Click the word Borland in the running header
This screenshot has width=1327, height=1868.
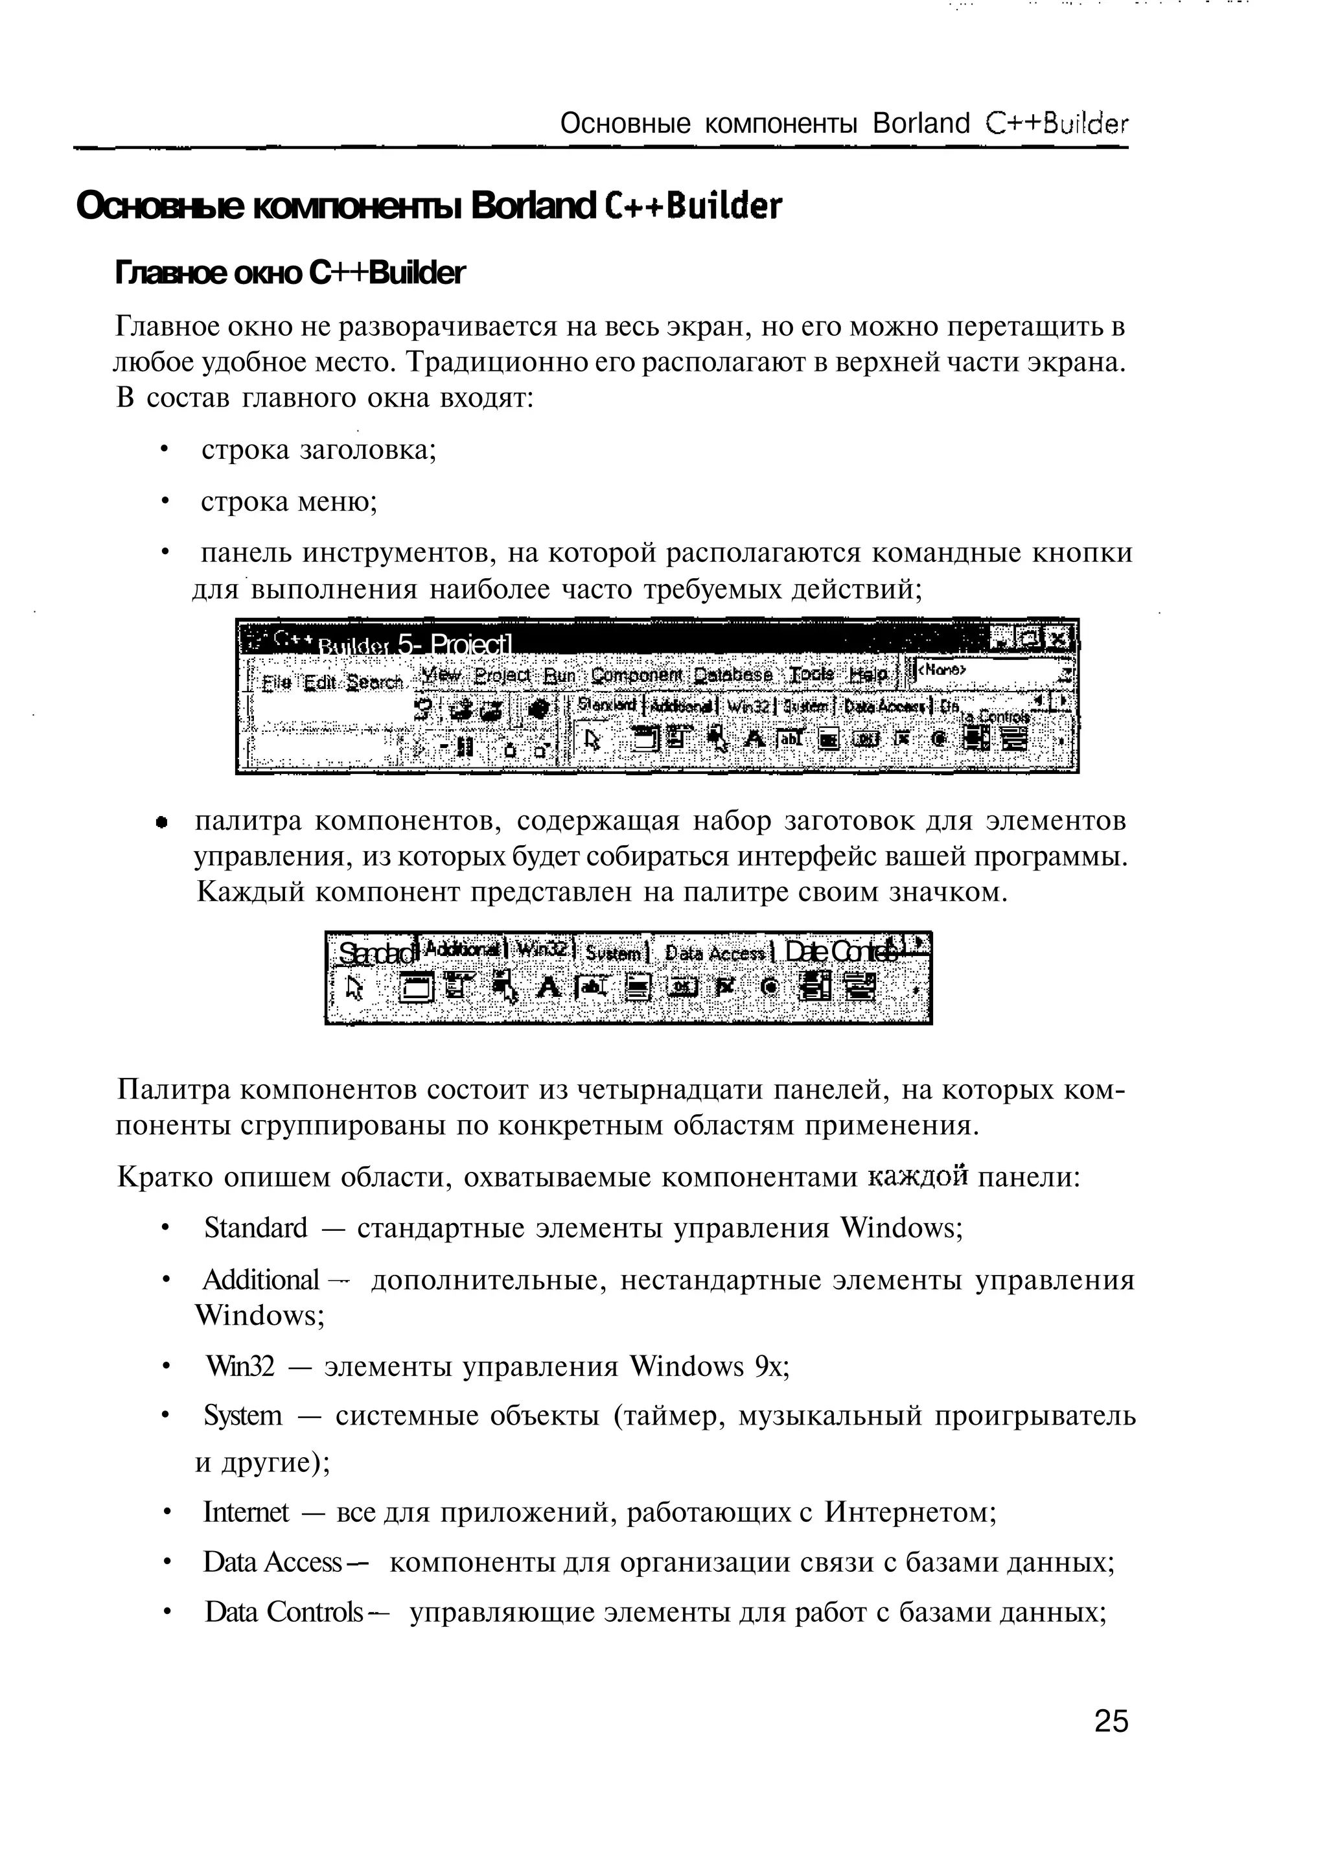click(x=921, y=124)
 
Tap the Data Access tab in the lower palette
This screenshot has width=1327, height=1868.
click(x=715, y=953)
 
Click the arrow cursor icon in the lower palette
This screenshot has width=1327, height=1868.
click(x=354, y=988)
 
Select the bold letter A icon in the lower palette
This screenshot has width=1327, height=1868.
click(x=549, y=988)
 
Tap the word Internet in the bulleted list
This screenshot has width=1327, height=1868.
click(x=246, y=1513)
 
